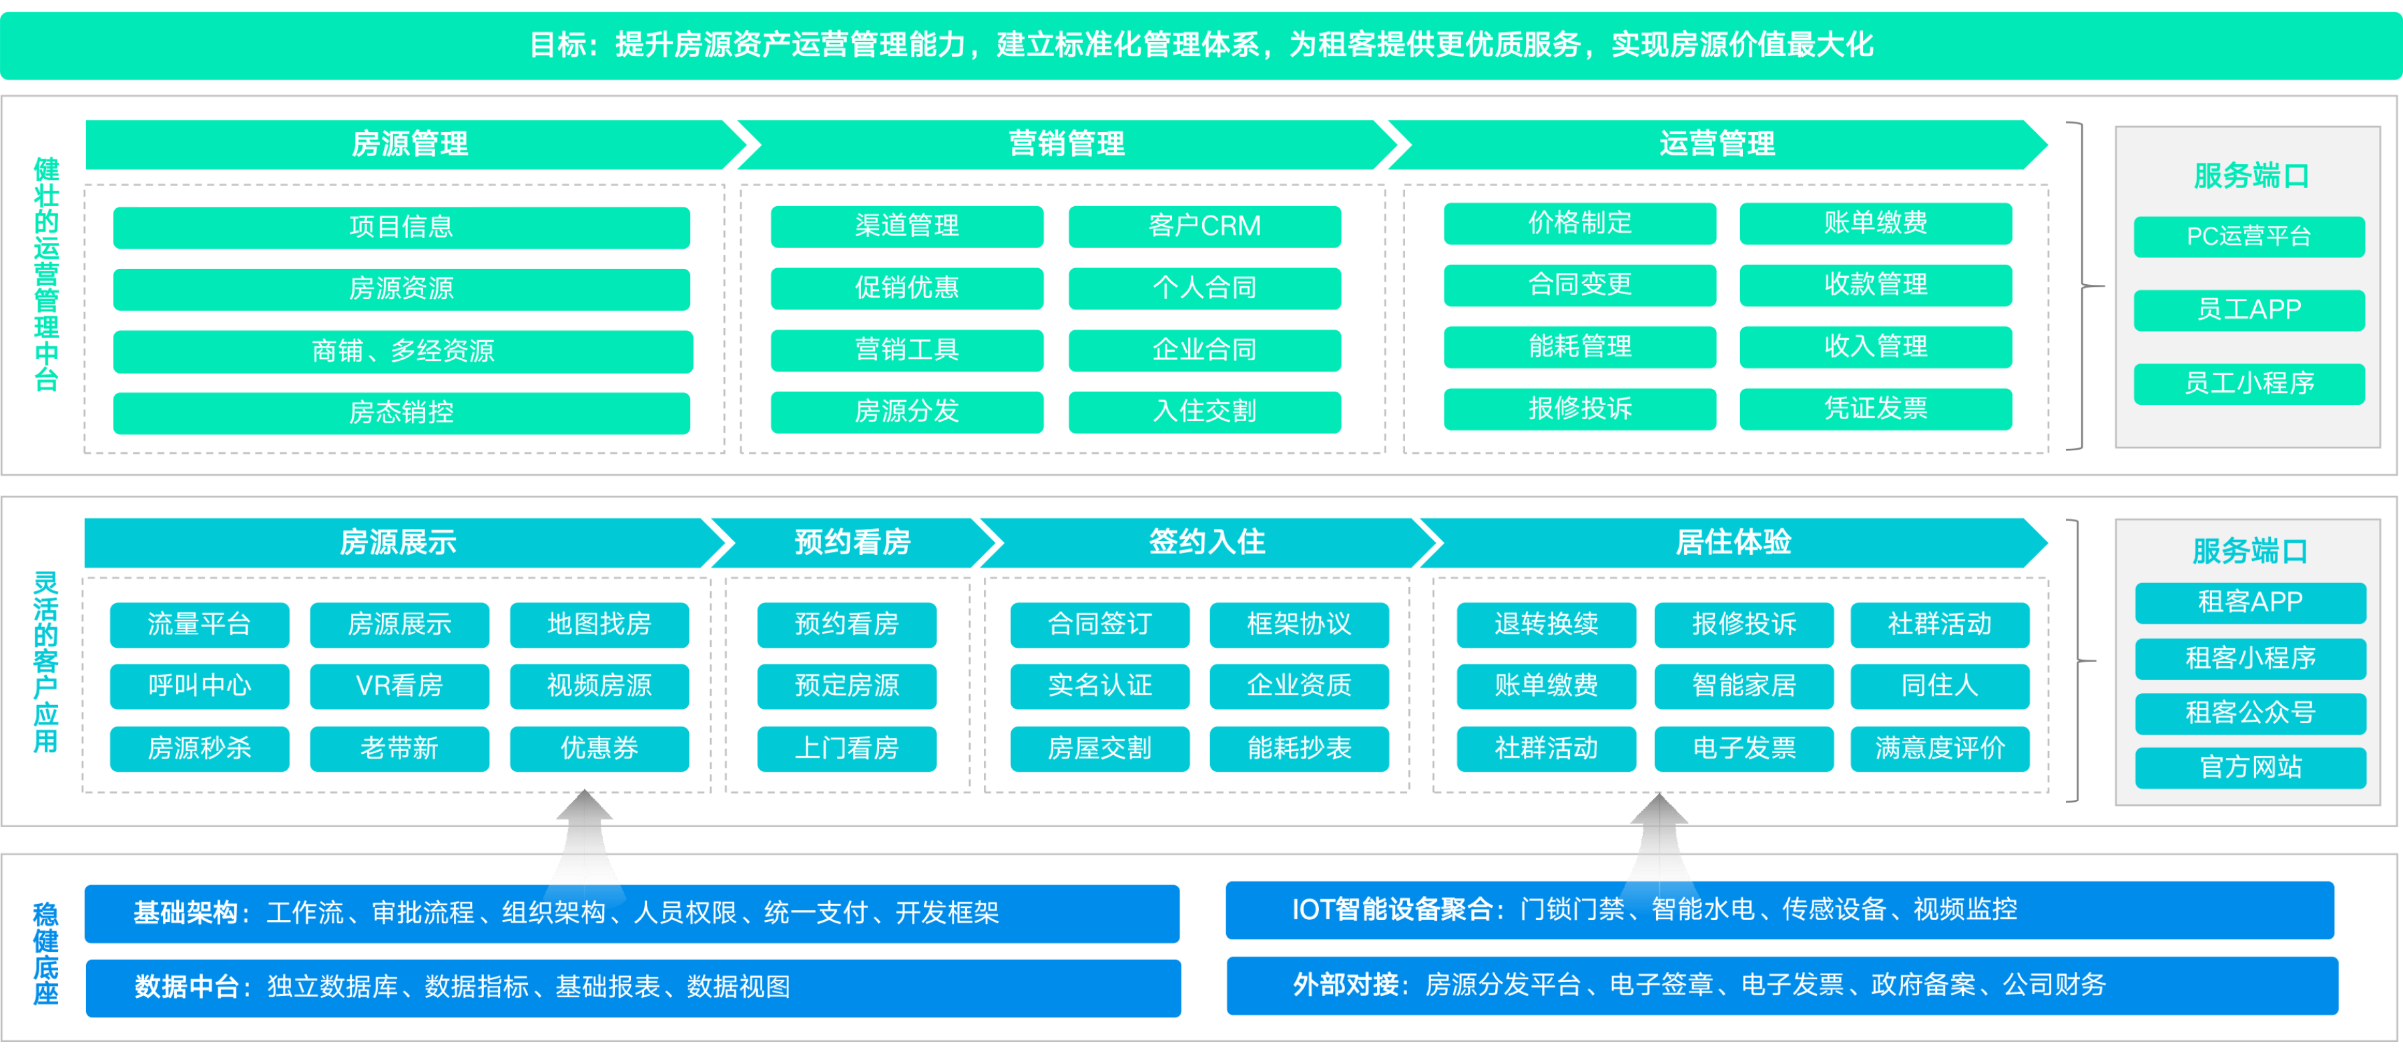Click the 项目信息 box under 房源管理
401,227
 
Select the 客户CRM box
1204,225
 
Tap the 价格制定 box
1579,223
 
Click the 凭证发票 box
1875,408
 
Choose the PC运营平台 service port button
2248,236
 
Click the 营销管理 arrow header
1066,143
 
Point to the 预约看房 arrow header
852,542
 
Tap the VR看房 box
399,685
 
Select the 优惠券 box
599,748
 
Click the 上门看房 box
846,748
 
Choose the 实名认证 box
1100,685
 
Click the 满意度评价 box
1939,748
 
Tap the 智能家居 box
1744,685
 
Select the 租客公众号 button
2250,712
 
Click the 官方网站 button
2250,766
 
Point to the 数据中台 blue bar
633,987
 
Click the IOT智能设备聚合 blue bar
1779,909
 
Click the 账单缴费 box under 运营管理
1875,223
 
